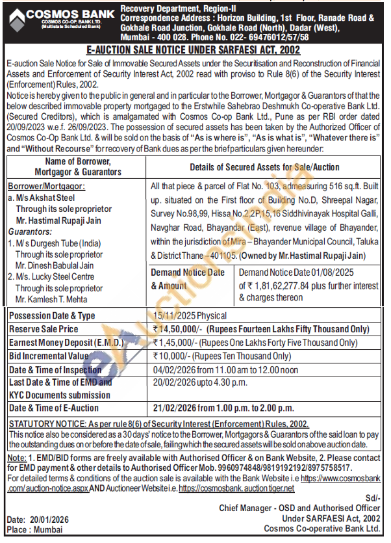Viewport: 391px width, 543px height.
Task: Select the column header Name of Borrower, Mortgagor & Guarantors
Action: [x=75, y=166]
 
